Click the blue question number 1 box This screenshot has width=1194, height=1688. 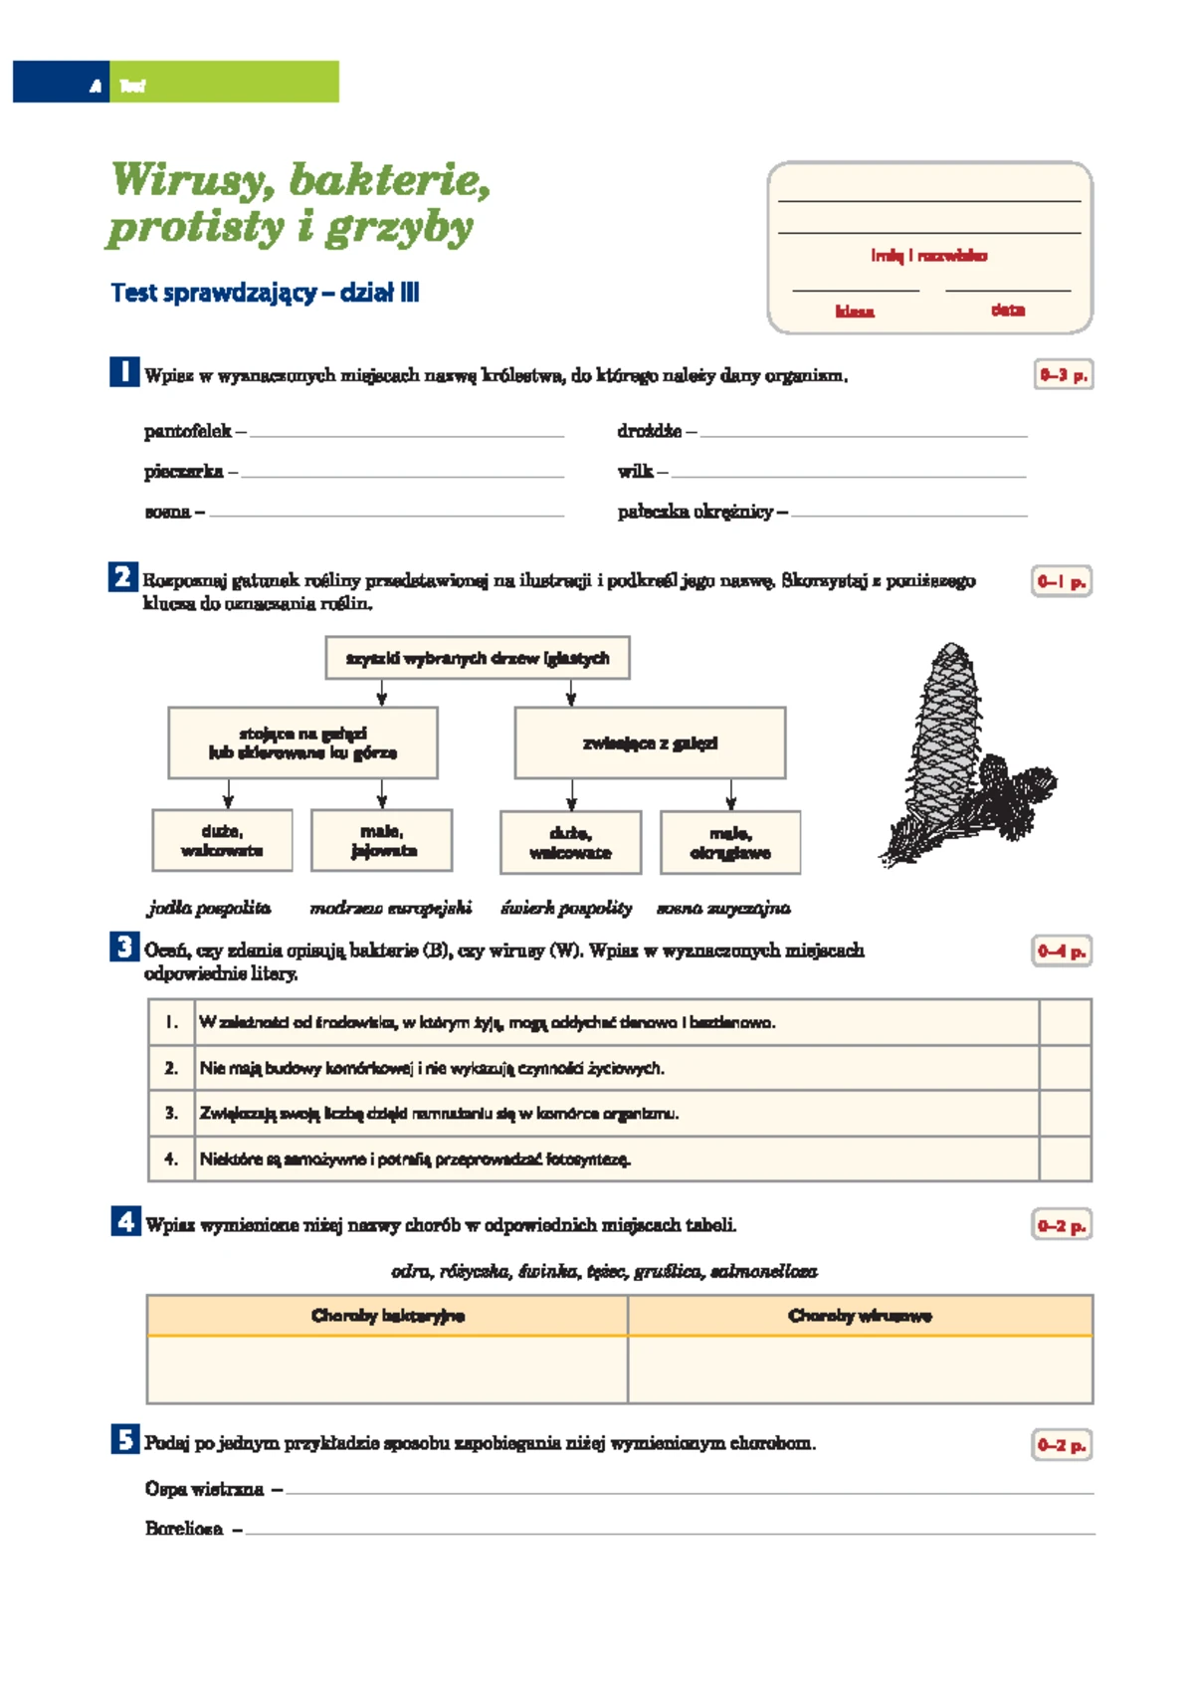[x=124, y=372]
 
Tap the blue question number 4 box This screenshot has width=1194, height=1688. [x=125, y=1221]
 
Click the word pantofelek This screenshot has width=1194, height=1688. [x=187, y=431]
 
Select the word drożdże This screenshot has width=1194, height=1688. [x=649, y=431]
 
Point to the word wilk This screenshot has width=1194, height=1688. [x=635, y=472]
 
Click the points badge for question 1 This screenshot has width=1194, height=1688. [x=1063, y=375]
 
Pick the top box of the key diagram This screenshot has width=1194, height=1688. [x=478, y=658]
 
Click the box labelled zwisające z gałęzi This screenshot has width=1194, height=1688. [x=650, y=743]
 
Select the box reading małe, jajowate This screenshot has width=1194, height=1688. [x=382, y=841]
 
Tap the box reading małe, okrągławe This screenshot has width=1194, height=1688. [x=730, y=843]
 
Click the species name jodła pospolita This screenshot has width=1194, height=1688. [x=209, y=908]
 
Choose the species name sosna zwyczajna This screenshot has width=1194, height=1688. [x=723, y=908]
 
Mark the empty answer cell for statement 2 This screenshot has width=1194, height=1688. [x=1065, y=1068]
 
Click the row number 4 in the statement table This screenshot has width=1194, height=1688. [x=171, y=1159]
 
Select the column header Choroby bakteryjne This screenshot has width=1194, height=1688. [x=388, y=1316]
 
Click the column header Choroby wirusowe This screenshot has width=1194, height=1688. [x=860, y=1316]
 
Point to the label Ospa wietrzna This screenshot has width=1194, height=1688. [x=204, y=1489]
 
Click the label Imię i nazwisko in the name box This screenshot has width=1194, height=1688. [x=929, y=256]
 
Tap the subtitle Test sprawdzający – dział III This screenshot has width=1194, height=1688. [x=265, y=293]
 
